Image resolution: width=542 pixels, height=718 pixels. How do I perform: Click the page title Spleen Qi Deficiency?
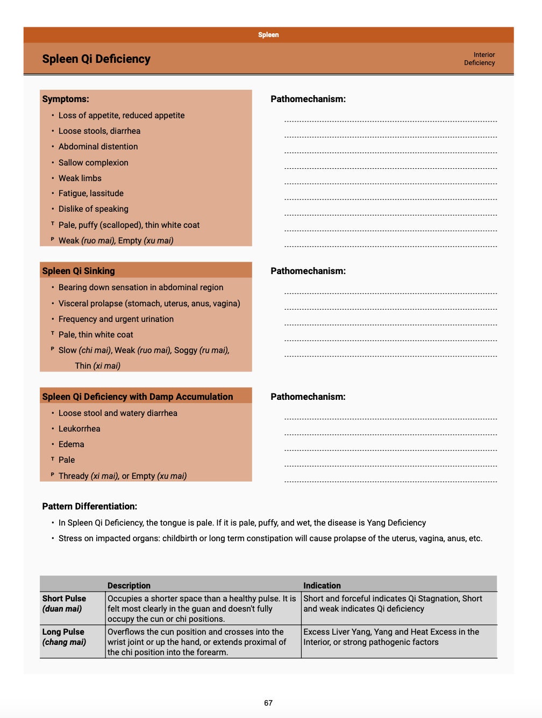[x=96, y=59]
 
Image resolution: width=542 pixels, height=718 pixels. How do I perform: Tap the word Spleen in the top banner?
[x=268, y=35]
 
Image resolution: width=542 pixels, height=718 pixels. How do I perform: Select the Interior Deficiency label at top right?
[x=480, y=59]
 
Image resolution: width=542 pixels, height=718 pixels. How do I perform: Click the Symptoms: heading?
[x=66, y=99]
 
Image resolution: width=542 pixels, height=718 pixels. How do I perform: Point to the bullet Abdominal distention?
[x=98, y=147]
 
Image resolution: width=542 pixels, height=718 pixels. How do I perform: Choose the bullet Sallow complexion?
[x=93, y=163]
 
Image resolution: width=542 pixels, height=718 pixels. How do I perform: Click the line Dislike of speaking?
[x=93, y=209]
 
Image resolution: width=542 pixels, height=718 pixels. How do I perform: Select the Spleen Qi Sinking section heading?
[x=79, y=271]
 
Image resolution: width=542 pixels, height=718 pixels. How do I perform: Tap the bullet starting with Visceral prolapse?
[x=149, y=304]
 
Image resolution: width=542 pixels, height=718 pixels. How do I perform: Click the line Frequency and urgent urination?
[x=116, y=319]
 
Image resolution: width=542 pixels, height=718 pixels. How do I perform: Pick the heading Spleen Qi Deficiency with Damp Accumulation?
[x=138, y=397]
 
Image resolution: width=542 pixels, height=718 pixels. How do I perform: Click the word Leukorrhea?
[x=79, y=429]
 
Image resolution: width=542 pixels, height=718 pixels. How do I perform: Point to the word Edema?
[x=71, y=444]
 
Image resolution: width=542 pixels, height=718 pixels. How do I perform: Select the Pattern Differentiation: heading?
[x=90, y=506]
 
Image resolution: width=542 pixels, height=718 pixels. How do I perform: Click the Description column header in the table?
[x=129, y=585]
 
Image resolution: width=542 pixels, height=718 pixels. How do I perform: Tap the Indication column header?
[x=322, y=585]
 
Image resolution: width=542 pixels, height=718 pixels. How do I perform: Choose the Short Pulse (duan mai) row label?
[x=64, y=604]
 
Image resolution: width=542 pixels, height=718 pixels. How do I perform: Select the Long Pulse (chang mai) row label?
[x=64, y=637]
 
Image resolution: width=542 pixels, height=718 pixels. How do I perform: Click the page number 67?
[x=268, y=703]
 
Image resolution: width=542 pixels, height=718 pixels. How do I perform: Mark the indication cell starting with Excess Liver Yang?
[x=391, y=637]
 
